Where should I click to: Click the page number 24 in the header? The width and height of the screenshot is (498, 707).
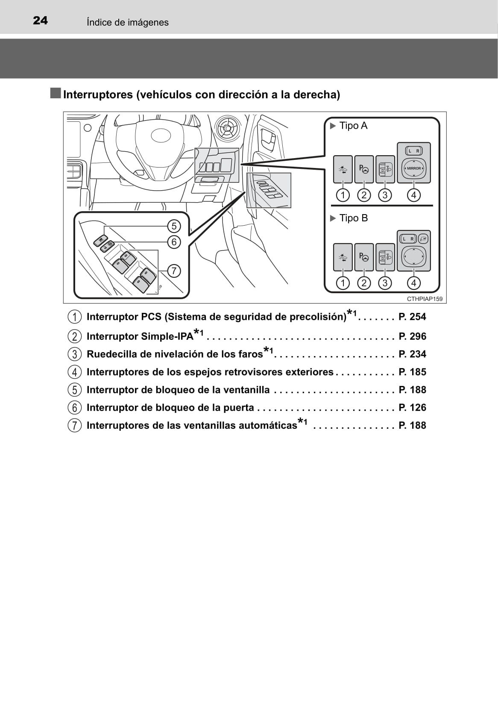(40, 21)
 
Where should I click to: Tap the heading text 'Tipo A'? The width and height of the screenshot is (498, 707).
(353, 126)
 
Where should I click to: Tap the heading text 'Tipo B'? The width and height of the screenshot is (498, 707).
(353, 218)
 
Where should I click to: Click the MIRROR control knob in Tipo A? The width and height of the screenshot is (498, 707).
(413, 168)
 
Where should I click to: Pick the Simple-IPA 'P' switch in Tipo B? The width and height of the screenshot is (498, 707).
(364, 257)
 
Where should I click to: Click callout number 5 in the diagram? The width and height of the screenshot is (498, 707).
(174, 226)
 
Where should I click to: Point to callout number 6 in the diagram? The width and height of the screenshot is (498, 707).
(174, 242)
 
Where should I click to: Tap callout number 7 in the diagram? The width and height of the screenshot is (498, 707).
(174, 271)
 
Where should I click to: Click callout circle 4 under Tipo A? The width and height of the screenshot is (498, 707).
(413, 196)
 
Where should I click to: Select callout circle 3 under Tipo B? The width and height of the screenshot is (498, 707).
(385, 283)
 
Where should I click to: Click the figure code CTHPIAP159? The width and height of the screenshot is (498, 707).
(425, 299)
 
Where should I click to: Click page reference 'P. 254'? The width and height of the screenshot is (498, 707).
(412, 317)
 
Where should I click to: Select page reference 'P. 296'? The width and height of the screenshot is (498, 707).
(412, 336)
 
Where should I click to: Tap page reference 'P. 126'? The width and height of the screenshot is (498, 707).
(412, 407)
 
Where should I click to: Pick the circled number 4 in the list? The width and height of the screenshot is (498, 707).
(75, 372)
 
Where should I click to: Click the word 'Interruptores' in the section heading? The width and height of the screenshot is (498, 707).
(98, 94)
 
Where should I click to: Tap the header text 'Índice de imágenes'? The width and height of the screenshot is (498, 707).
(127, 22)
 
